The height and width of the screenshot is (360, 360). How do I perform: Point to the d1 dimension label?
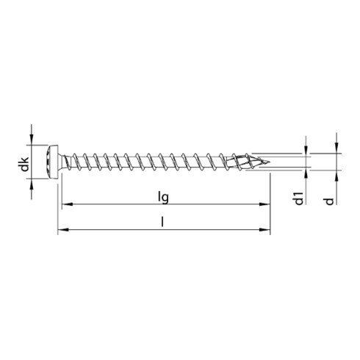point(299,198)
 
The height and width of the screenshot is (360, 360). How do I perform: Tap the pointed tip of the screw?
point(268,162)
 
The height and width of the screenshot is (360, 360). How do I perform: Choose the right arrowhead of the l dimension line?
point(266,231)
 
